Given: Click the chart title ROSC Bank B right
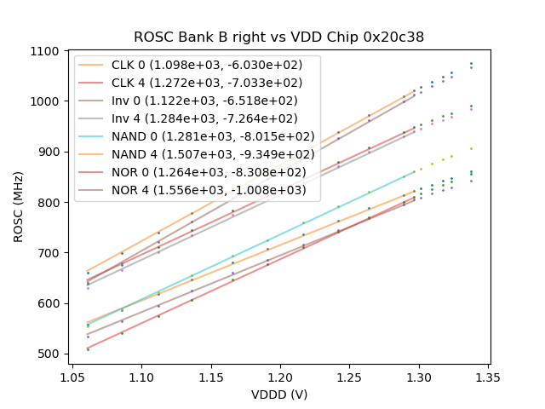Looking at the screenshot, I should click(278, 37).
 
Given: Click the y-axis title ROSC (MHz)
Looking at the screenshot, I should click(20, 202).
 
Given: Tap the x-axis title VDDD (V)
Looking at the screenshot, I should click(278, 395).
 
